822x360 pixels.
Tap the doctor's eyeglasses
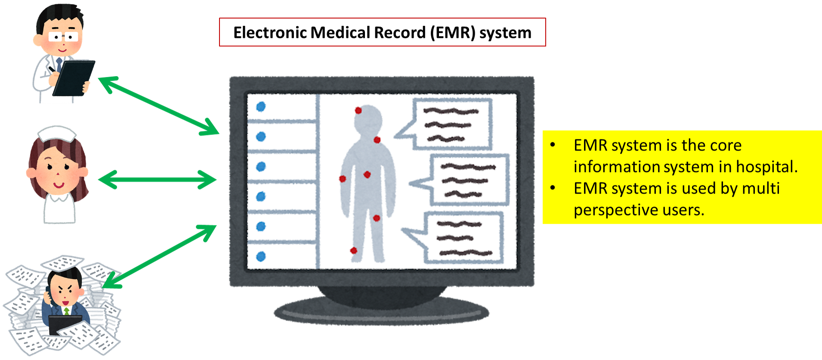[x=63, y=37]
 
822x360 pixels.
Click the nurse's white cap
[x=56, y=134]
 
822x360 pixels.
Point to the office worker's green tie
[x=66, y=311]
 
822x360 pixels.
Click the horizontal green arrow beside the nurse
[x=157, y=179]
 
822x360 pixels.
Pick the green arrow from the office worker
[x=159, y=256]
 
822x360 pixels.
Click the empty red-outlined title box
[x=382, y=32]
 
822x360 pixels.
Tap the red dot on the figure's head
[x=358, y=111]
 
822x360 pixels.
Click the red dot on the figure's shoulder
[x=377, y=140]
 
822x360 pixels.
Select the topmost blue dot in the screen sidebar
[x=261, y=107]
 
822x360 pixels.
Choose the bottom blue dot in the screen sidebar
[x=261, y=256]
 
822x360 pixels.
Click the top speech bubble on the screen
[x=452, y=124]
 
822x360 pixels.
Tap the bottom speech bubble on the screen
[x=463, y=237]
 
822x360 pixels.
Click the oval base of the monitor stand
[x=381, y=312]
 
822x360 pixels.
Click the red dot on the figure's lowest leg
[x=354, y=250]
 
